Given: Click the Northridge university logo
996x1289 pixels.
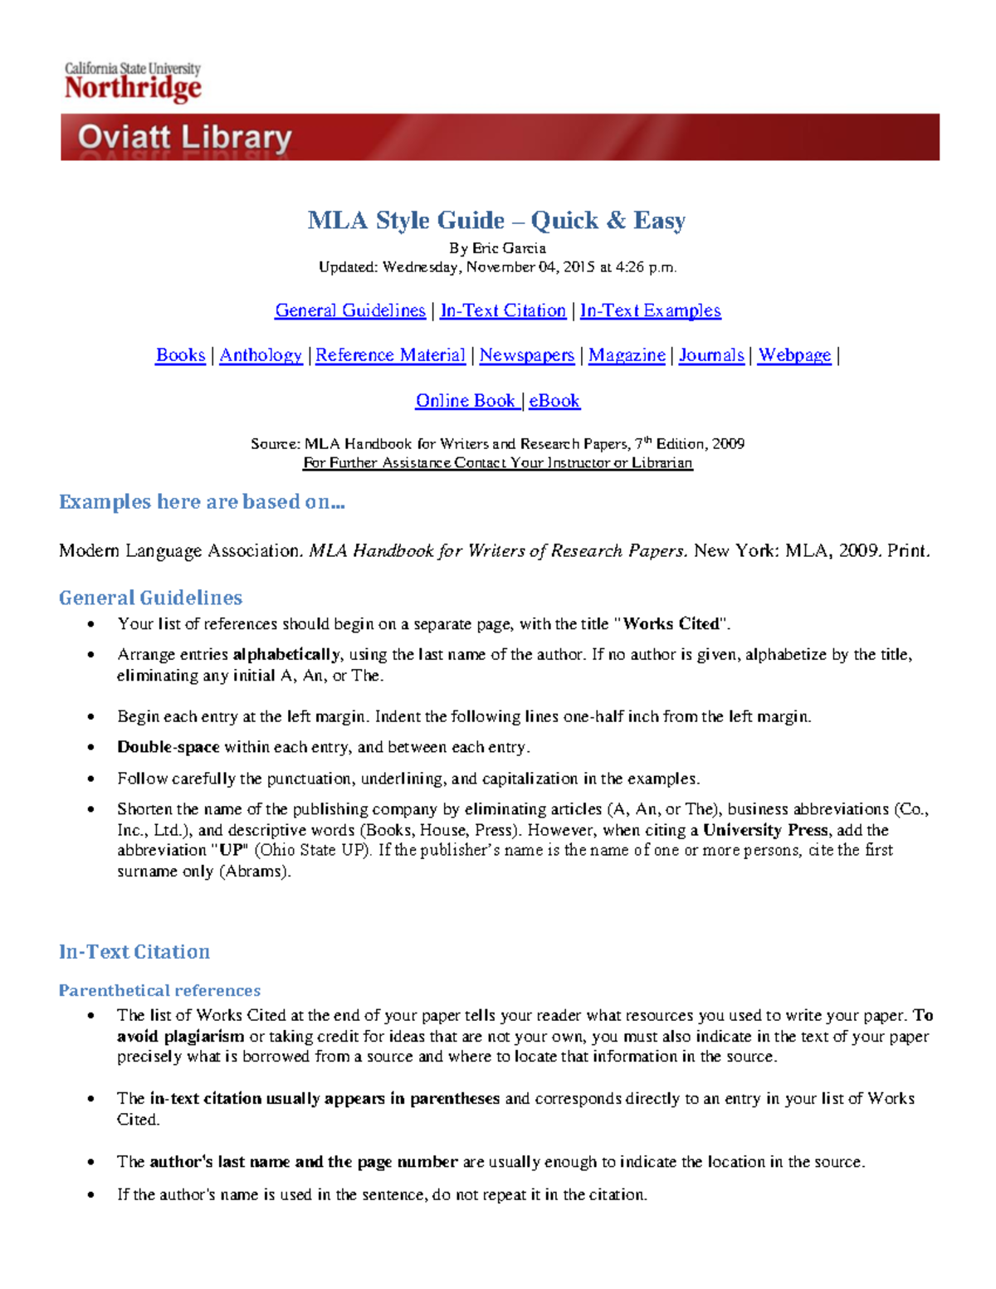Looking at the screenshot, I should point(133,82).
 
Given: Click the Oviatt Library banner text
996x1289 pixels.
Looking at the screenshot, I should point(184,138).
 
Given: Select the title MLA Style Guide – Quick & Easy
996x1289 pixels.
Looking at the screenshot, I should point(496,220).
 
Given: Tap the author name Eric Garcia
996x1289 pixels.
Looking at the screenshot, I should point(509,248).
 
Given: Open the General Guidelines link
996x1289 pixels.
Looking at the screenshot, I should point(349,310).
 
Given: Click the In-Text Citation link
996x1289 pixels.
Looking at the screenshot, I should point(503,310).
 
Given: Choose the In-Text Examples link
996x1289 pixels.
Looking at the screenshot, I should point(650,310).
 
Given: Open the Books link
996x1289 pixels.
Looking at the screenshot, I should point(180,355).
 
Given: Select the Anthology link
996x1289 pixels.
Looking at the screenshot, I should point(261,355).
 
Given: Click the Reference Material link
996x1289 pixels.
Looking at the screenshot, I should point(390,355).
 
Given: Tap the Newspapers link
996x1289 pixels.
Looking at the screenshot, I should point(526,355).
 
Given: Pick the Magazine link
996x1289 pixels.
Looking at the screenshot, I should point(627,355).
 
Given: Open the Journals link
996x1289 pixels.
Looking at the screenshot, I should point(711,355).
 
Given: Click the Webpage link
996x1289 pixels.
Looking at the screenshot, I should point(794,355).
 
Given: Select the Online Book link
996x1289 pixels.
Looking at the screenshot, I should point(466,401).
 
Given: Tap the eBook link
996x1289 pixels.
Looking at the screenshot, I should point(554,401).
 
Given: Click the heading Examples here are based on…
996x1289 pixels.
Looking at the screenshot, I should point(202,502).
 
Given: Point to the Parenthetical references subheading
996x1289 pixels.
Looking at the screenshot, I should point(159,990).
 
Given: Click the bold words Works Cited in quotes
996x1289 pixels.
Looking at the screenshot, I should point(671,624).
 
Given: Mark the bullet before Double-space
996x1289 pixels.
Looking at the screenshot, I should point(91,748).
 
